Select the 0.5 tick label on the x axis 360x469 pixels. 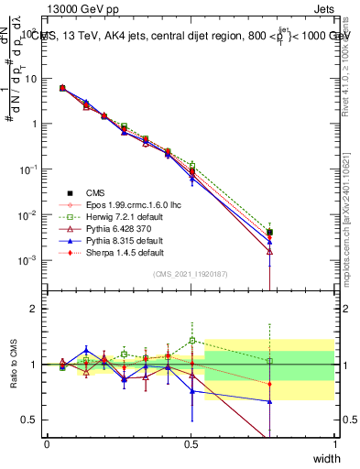(191, 444)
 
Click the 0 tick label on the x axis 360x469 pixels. (47, 444)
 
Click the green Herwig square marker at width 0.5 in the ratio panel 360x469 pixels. (191, 341)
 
